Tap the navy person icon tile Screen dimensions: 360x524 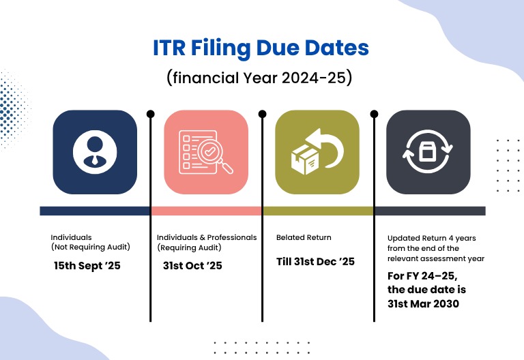95,152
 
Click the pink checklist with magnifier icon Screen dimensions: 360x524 206,152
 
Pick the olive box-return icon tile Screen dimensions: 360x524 317,152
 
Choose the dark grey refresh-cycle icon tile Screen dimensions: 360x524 428,152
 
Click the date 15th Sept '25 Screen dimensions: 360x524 87,265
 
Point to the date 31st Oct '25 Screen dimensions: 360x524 192,265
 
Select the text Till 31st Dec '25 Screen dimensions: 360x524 315,261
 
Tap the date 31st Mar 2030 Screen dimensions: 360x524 423,304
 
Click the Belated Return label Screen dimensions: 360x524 304,237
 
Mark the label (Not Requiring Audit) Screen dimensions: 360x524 90,247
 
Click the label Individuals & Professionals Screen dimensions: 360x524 207,237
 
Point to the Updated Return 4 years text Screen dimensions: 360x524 431,238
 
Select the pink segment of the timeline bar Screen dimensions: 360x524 206,211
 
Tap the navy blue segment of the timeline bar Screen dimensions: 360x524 95,211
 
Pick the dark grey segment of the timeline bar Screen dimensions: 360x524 430,211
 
